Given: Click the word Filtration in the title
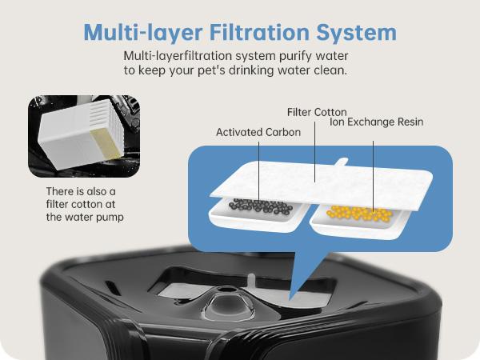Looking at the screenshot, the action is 259,32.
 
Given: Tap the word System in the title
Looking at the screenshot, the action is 356,34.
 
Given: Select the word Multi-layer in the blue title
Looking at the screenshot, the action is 142,33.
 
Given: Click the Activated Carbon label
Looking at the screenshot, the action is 258,132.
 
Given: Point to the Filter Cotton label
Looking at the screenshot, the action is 317,112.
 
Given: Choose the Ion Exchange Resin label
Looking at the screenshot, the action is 377,122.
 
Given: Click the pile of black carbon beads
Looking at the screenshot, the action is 261,206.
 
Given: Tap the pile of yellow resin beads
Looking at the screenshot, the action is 360,213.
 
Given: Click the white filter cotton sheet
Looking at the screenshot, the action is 322,185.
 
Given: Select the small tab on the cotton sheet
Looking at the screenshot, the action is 342,162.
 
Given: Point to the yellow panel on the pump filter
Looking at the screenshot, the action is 105,144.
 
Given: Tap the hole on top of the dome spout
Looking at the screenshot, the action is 226,289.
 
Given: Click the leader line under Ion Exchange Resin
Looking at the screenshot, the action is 373,176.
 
